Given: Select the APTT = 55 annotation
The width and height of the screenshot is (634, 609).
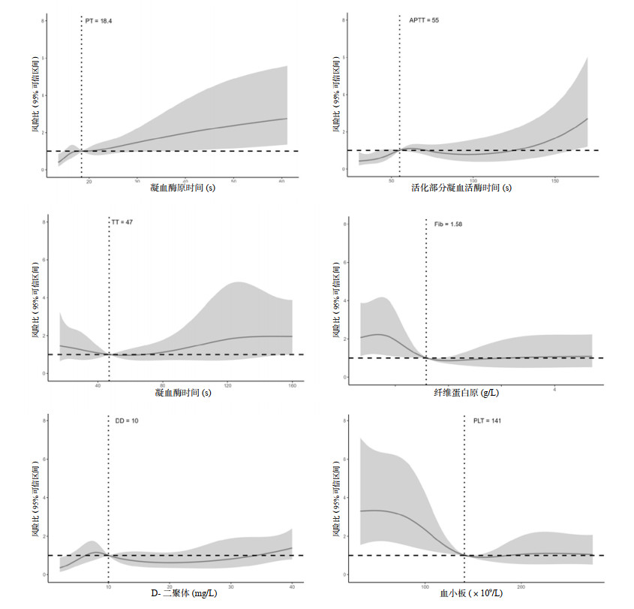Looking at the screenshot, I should pos(424,20).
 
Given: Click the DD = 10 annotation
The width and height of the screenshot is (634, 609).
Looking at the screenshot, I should pos(126,421).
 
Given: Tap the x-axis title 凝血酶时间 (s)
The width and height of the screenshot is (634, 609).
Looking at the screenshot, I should pos(182,393).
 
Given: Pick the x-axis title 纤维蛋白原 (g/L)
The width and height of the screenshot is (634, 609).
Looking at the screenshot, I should pos(466,392).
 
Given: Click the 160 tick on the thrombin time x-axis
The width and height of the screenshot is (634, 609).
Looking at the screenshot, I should pos(291,384).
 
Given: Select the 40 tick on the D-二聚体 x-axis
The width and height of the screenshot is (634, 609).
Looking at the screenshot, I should pos(291,586).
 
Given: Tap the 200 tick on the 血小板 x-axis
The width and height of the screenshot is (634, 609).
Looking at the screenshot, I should pos(521,586).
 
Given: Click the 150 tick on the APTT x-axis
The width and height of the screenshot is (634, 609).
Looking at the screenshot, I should pos(554,181).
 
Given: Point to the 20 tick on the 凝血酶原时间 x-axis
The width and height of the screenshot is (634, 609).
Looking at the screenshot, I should pos(89,181).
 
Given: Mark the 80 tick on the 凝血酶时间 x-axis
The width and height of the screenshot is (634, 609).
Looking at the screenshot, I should pos(163,384).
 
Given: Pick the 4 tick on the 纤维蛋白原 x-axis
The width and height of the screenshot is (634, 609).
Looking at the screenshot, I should pos(554,390).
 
